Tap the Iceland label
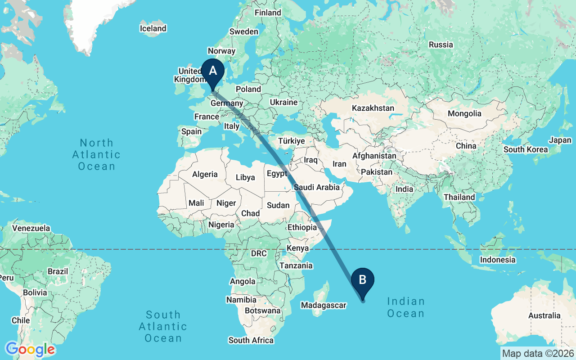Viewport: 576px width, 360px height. [153, 28]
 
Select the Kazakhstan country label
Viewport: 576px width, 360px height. [373, 108]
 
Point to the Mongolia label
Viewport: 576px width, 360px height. [464, 113]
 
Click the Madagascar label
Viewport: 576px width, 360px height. [324, 305]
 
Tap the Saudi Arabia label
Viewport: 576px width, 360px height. [317, 187]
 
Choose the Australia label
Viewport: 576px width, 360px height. [544, 315]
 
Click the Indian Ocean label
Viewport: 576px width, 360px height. [406, 307]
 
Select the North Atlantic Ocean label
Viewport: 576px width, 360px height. [96, 155]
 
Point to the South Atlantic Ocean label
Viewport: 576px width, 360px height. [163, 326]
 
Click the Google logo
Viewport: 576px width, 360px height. [30, 349]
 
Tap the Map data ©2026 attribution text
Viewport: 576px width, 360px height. [538, 353]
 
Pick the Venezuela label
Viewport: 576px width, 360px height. [31, 228]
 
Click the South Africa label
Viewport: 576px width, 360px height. [251, 340]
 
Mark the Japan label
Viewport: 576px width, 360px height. [560, 140]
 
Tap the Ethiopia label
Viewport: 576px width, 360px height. [302, 227]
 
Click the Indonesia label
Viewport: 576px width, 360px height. [498, 260]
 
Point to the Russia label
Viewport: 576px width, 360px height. [441, 45]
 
